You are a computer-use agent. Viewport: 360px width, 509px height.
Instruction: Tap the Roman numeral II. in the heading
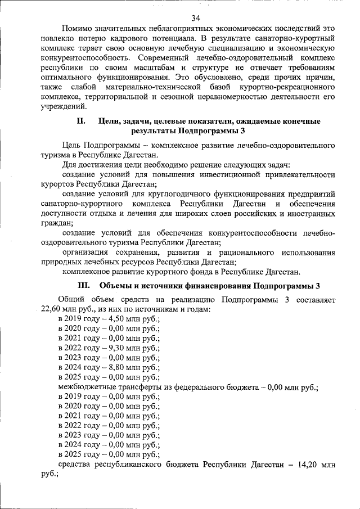click(80, 121)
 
